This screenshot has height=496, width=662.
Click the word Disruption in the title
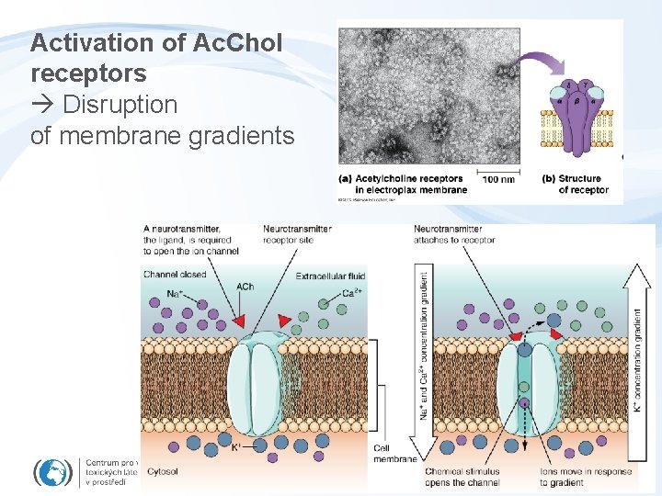pyautogui.click(x=120, y=105)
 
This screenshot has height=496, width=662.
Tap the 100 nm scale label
pyautogui.click(x=497, y=179)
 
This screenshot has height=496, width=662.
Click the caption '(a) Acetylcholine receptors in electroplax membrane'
pyautogui.click(x=404, y=184)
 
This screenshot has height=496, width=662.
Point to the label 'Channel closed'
pyautogui.click(x=175, y=274)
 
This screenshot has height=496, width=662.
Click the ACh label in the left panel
pyautogui.click(x=245, y=287)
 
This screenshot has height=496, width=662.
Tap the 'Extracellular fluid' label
pyautogui.click(x=330, y=276)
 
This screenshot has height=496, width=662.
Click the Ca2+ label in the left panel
pyautogui.click(x=349, y=294)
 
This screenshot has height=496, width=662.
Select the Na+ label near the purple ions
pyautogui.click(x=156, y=293)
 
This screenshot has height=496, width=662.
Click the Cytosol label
pyautogui.click(x=161, y=471)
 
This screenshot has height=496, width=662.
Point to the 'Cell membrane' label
pyautogui.click(x=394, y=453)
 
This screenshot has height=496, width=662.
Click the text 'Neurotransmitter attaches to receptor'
pyautogui.click(x=454, y=234)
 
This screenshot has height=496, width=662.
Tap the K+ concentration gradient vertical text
pyautogui.click(x=637, y=358)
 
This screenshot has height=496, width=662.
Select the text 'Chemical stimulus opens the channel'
pyautogui.click(x=462, y=477)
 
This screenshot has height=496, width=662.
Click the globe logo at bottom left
pyautogui.click(x=53, y=473)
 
